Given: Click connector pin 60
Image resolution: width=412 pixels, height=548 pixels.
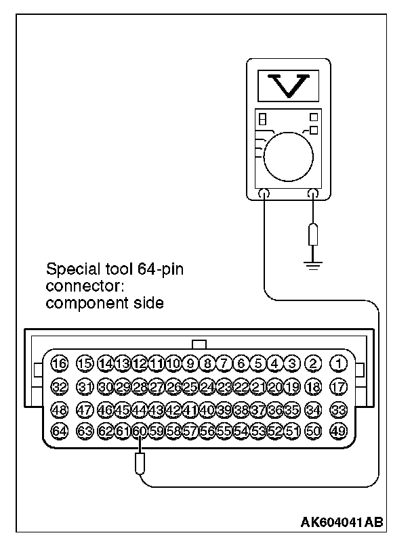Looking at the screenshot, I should point(140,430).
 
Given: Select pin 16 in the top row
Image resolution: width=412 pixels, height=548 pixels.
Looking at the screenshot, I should point(60,364).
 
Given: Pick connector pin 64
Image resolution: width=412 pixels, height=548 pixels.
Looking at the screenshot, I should point(60,430).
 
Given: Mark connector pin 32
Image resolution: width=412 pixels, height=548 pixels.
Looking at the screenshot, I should point(60,386).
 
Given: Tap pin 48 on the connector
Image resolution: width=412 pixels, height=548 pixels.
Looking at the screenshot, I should point(60,409).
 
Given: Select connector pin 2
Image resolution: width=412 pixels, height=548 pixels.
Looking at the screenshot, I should point(313,364).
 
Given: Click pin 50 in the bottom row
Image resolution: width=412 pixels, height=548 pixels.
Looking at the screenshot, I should point(313,430).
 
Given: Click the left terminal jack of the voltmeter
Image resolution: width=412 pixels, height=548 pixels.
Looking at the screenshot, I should point(264,194).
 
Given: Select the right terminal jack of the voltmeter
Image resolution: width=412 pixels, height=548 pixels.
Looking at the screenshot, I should point(312,194).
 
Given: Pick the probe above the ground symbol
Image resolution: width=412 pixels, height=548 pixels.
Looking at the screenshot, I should point(312,235).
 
